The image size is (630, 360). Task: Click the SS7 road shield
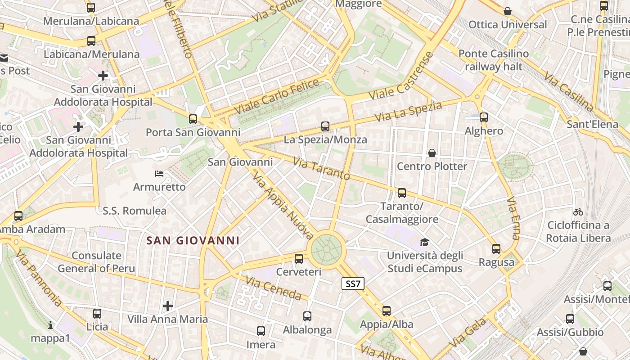(353, 283)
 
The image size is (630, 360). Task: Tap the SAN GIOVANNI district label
(193, 241)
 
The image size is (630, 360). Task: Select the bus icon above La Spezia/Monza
(325, 126)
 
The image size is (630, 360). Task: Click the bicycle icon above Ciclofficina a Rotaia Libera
(578, 211)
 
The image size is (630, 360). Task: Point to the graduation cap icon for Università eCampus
(424, 243)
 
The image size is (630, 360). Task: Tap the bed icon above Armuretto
(159, 173)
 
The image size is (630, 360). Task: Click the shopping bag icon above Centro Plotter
(432, 153)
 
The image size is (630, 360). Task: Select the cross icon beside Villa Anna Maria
(168, 306)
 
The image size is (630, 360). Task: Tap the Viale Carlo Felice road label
(277, 96)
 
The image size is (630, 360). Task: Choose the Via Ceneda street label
(273, 288)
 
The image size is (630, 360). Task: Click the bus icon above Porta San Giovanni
(193, 119)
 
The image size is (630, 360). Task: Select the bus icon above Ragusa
(496, 249)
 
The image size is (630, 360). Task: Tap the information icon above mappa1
(50, 324)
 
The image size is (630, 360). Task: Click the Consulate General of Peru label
(96, 262)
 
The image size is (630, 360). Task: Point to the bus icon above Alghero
(484, 117)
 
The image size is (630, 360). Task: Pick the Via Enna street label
(513, 218)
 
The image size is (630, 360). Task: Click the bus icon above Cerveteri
(299, 259)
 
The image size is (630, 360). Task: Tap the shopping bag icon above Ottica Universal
(508, 11)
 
